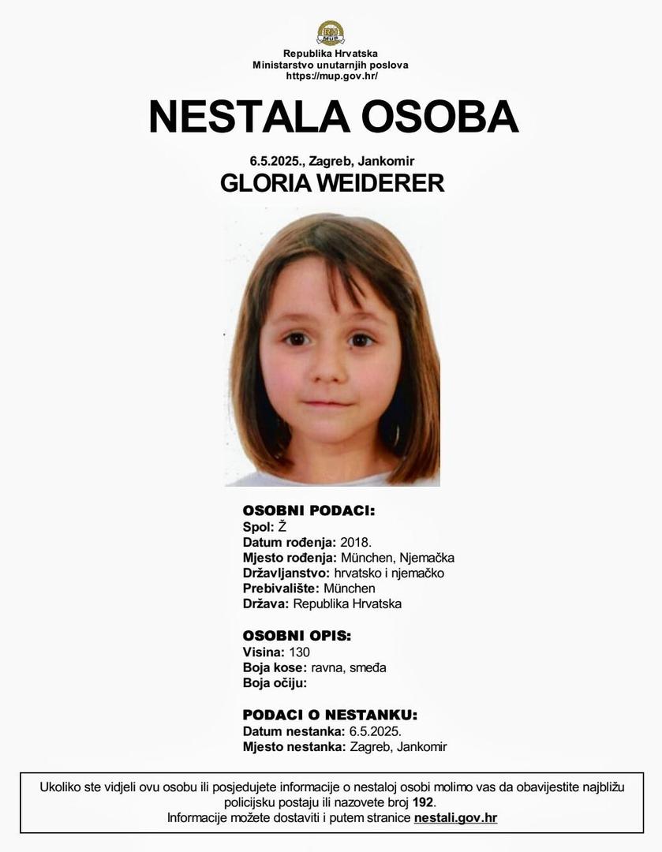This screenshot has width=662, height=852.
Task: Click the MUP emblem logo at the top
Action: tap(331, 32)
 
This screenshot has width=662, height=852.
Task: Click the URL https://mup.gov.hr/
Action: tap(331, 76)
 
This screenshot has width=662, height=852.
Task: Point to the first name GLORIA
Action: tap(264, 184)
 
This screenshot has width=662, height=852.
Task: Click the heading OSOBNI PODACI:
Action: tap(309, 511)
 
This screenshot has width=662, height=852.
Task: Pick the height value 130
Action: tap(299, 652)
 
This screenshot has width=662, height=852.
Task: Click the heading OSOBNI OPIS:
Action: tap(297, 636)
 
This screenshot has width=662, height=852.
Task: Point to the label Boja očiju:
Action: tap(275, 683)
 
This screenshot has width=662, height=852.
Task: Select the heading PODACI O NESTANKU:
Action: tap(330, 716)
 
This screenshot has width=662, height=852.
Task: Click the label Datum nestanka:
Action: tap(292, 731)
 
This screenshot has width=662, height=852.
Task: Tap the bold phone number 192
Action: tap(423, 802)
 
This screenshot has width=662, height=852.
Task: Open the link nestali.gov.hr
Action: tap(455, 818)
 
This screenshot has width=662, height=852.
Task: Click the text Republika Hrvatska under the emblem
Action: tap(331, 54)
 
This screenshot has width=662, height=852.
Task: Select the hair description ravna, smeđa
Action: tap(349, 667)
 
